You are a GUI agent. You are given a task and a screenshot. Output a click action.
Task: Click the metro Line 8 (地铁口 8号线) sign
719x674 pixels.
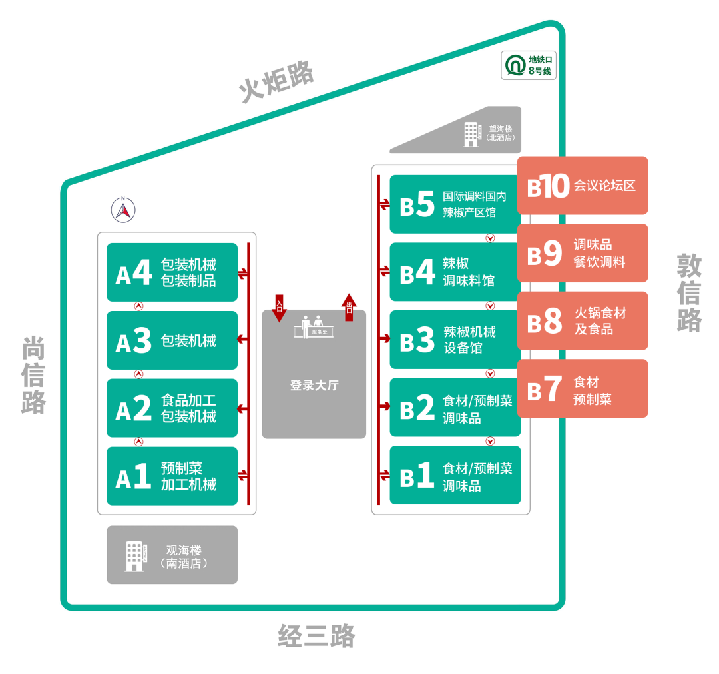pyautogui.click(x=529, y=65)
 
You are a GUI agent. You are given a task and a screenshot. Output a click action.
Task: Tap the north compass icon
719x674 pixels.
pyautogui.click(x=123, y=210)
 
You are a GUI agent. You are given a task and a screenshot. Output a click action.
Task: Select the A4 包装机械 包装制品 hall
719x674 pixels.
pyautogui.click(x=172, y=272)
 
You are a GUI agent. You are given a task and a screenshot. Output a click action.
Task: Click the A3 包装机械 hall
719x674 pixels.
pyautogui.click(x=172, y=340)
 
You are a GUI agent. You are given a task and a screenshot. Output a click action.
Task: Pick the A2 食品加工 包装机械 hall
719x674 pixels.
pyautogui.click(x=172, y=408)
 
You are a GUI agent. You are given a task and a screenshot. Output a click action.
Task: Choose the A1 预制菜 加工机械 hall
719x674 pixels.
pyautogui.click(x=172, y=476)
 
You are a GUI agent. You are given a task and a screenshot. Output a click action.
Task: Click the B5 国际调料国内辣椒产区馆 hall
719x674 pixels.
pyautogui.click(x=455, y=204)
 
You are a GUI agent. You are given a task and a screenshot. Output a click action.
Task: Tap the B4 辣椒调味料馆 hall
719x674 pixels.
pyautogui.click(x=455, y=272)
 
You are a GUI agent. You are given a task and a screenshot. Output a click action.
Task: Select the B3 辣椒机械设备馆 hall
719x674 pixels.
pyautogui.click(x=455, y=340)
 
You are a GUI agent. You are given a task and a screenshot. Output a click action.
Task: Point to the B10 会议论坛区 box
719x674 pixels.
pyautogui.click(x=583, y=186)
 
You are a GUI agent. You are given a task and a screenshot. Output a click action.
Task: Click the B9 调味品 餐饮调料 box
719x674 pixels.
pyautogui.click(x=583, y=253)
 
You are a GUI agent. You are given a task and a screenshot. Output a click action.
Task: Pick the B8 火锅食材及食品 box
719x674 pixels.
pyautogui.click(x=583, y=320)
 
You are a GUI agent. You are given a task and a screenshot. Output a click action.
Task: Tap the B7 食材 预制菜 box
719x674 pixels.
pyautogui.click(x=583, y=388)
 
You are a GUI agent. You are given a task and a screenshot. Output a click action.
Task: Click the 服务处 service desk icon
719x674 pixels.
pyautogui.click(x=314, y=327)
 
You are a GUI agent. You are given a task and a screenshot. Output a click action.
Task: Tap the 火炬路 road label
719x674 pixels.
pyautogui.click(x=276, y=83)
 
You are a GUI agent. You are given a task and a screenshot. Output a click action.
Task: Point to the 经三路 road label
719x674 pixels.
pyautogui.click(x=316, y=637)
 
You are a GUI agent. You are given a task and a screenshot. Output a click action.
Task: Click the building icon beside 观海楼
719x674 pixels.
pyautogui.click(x=135, y=555)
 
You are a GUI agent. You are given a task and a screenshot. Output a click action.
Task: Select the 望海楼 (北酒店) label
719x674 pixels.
pyautogui.click(x=500, y=133)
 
